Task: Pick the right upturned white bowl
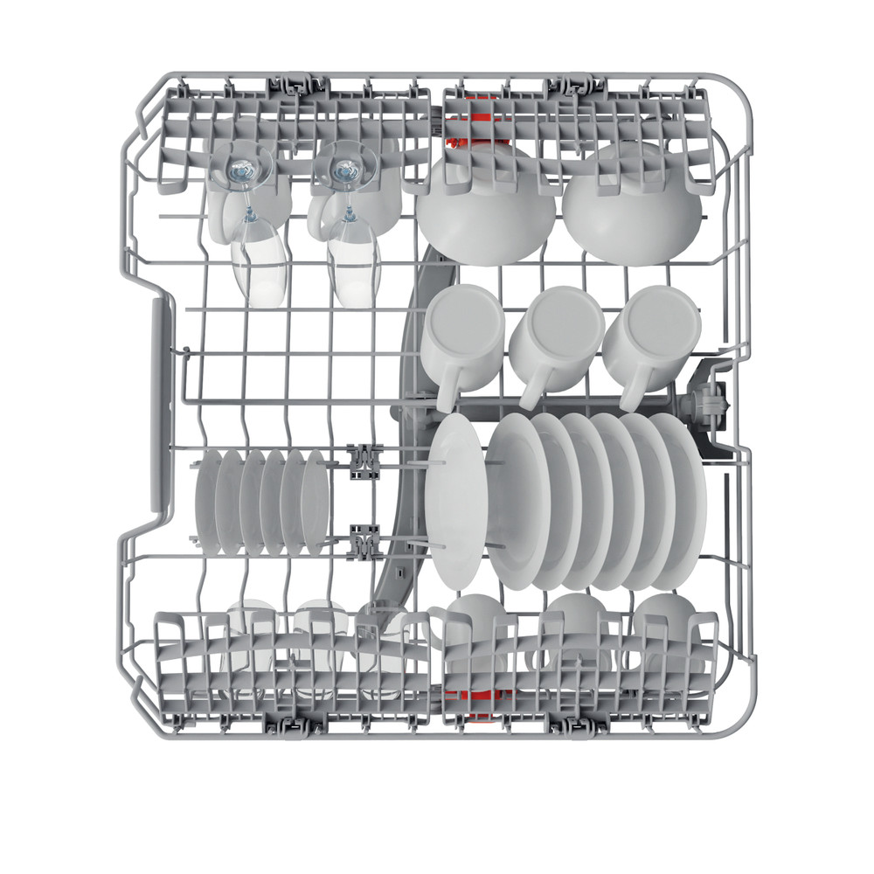(634, 205)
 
